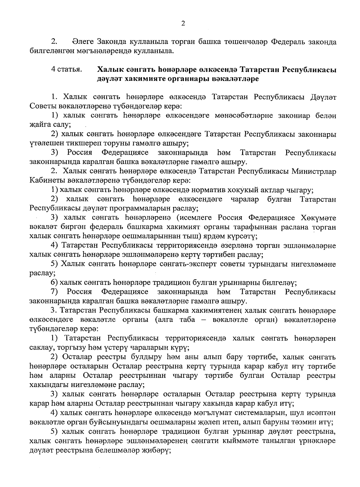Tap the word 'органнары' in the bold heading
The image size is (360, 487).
(x=186, y=79)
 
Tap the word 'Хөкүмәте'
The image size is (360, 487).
(x=319, y=218)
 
